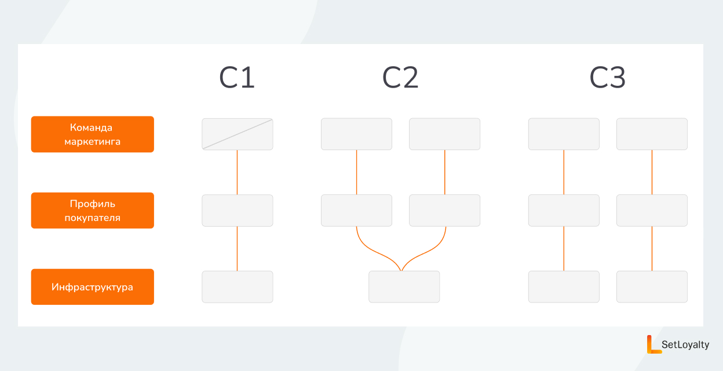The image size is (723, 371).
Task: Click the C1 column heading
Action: coord(237,78)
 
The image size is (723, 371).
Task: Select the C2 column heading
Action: coord(400,78)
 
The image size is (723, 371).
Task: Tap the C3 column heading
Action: coord(608,78)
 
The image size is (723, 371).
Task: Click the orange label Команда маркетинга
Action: coord(92,134)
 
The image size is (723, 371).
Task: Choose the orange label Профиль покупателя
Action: coord(92,210)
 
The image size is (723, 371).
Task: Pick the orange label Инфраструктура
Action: coord(92,287)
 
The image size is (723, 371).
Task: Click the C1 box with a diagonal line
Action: coord(238,134)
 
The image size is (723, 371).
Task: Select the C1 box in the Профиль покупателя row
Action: coord(238,210)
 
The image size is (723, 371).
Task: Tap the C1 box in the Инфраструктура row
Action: coord(238,287)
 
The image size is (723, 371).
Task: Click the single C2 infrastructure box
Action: coord(404,287)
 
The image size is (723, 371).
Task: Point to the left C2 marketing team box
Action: coord(356,134)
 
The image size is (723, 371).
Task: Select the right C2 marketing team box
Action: coord(444,134)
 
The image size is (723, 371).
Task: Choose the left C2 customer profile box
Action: coord(356,210)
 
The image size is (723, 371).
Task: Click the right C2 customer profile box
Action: coord(444,210)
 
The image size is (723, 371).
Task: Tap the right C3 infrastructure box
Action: coord(652,287)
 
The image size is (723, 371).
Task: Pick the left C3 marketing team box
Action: coord(564,134)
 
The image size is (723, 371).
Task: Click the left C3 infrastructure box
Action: coord(564,287)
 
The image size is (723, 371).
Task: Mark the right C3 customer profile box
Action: coord(652,210)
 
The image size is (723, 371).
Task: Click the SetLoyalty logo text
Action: coord(685,344)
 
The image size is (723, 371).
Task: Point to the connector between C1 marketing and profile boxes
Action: coord(238,172)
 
